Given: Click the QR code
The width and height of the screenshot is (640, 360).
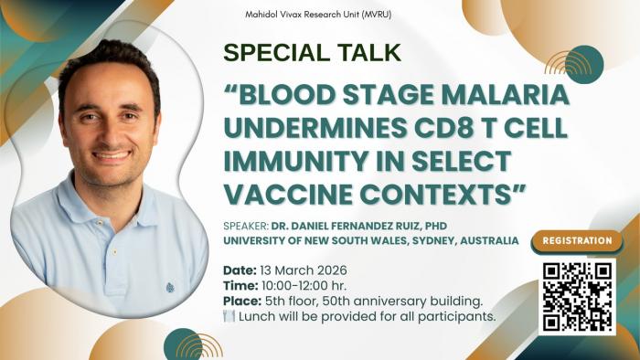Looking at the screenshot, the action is coord(577,297).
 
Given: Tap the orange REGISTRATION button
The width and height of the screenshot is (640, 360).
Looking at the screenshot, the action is coord(577,240).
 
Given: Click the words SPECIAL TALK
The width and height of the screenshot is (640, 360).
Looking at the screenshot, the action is coord(313,53).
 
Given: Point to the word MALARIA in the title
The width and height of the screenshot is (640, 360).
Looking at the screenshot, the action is coord(506,95).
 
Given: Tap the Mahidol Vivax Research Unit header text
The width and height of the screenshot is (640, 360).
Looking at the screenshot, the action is coord(318,15).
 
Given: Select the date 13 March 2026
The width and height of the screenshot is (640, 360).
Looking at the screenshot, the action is coord(304,270).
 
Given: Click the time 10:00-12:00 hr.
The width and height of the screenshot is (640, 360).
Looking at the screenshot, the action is coord(304,285).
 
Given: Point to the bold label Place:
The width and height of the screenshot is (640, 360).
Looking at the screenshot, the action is coord(242,302).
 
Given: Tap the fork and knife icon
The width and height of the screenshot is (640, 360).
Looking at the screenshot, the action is coord(229,316).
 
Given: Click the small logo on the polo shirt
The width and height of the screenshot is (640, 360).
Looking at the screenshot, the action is coord(170,288).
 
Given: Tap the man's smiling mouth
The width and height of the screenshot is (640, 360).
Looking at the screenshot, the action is coord(112,156).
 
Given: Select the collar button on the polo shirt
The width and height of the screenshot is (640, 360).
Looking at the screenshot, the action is coord(115,252).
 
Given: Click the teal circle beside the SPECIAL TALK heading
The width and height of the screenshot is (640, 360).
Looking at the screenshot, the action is coord(584,65).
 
